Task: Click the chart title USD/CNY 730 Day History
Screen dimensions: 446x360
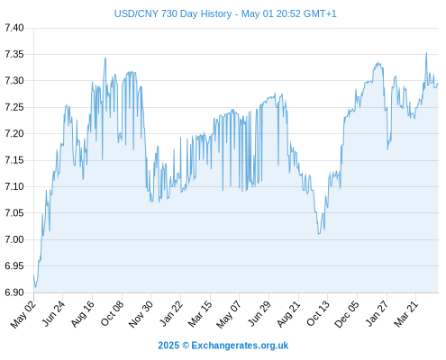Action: coord(173,13)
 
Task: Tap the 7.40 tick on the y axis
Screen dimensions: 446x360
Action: coord(14,28)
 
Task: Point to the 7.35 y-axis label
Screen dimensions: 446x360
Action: coord(14,54)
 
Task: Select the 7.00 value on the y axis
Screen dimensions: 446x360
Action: coord(14,239)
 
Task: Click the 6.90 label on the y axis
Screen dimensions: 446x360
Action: coord(14,292)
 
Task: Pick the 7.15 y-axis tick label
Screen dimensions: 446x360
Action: coord(14,160)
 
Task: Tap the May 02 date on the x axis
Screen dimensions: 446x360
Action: coord(23,314)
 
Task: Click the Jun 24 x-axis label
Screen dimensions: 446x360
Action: coord(53,314)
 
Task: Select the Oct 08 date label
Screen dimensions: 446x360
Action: coord(112,314)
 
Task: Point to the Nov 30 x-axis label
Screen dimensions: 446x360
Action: coord(141,314)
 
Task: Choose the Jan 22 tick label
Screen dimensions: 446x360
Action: coord(171,314)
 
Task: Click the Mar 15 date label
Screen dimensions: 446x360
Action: coord(200,314)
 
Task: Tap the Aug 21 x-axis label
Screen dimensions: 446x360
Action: coord(288,314)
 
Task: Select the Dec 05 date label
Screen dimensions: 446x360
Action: coord(347,314)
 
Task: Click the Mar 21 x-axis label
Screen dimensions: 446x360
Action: coord(406,314)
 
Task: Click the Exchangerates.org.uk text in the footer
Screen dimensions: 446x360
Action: coord(240,346)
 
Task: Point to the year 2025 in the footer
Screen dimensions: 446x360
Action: coord(168,346)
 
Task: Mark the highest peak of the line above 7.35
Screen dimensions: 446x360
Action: coord(426,53)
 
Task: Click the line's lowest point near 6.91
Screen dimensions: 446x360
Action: coord(35,287)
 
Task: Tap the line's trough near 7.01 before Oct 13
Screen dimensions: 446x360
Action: coord(319,234)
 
